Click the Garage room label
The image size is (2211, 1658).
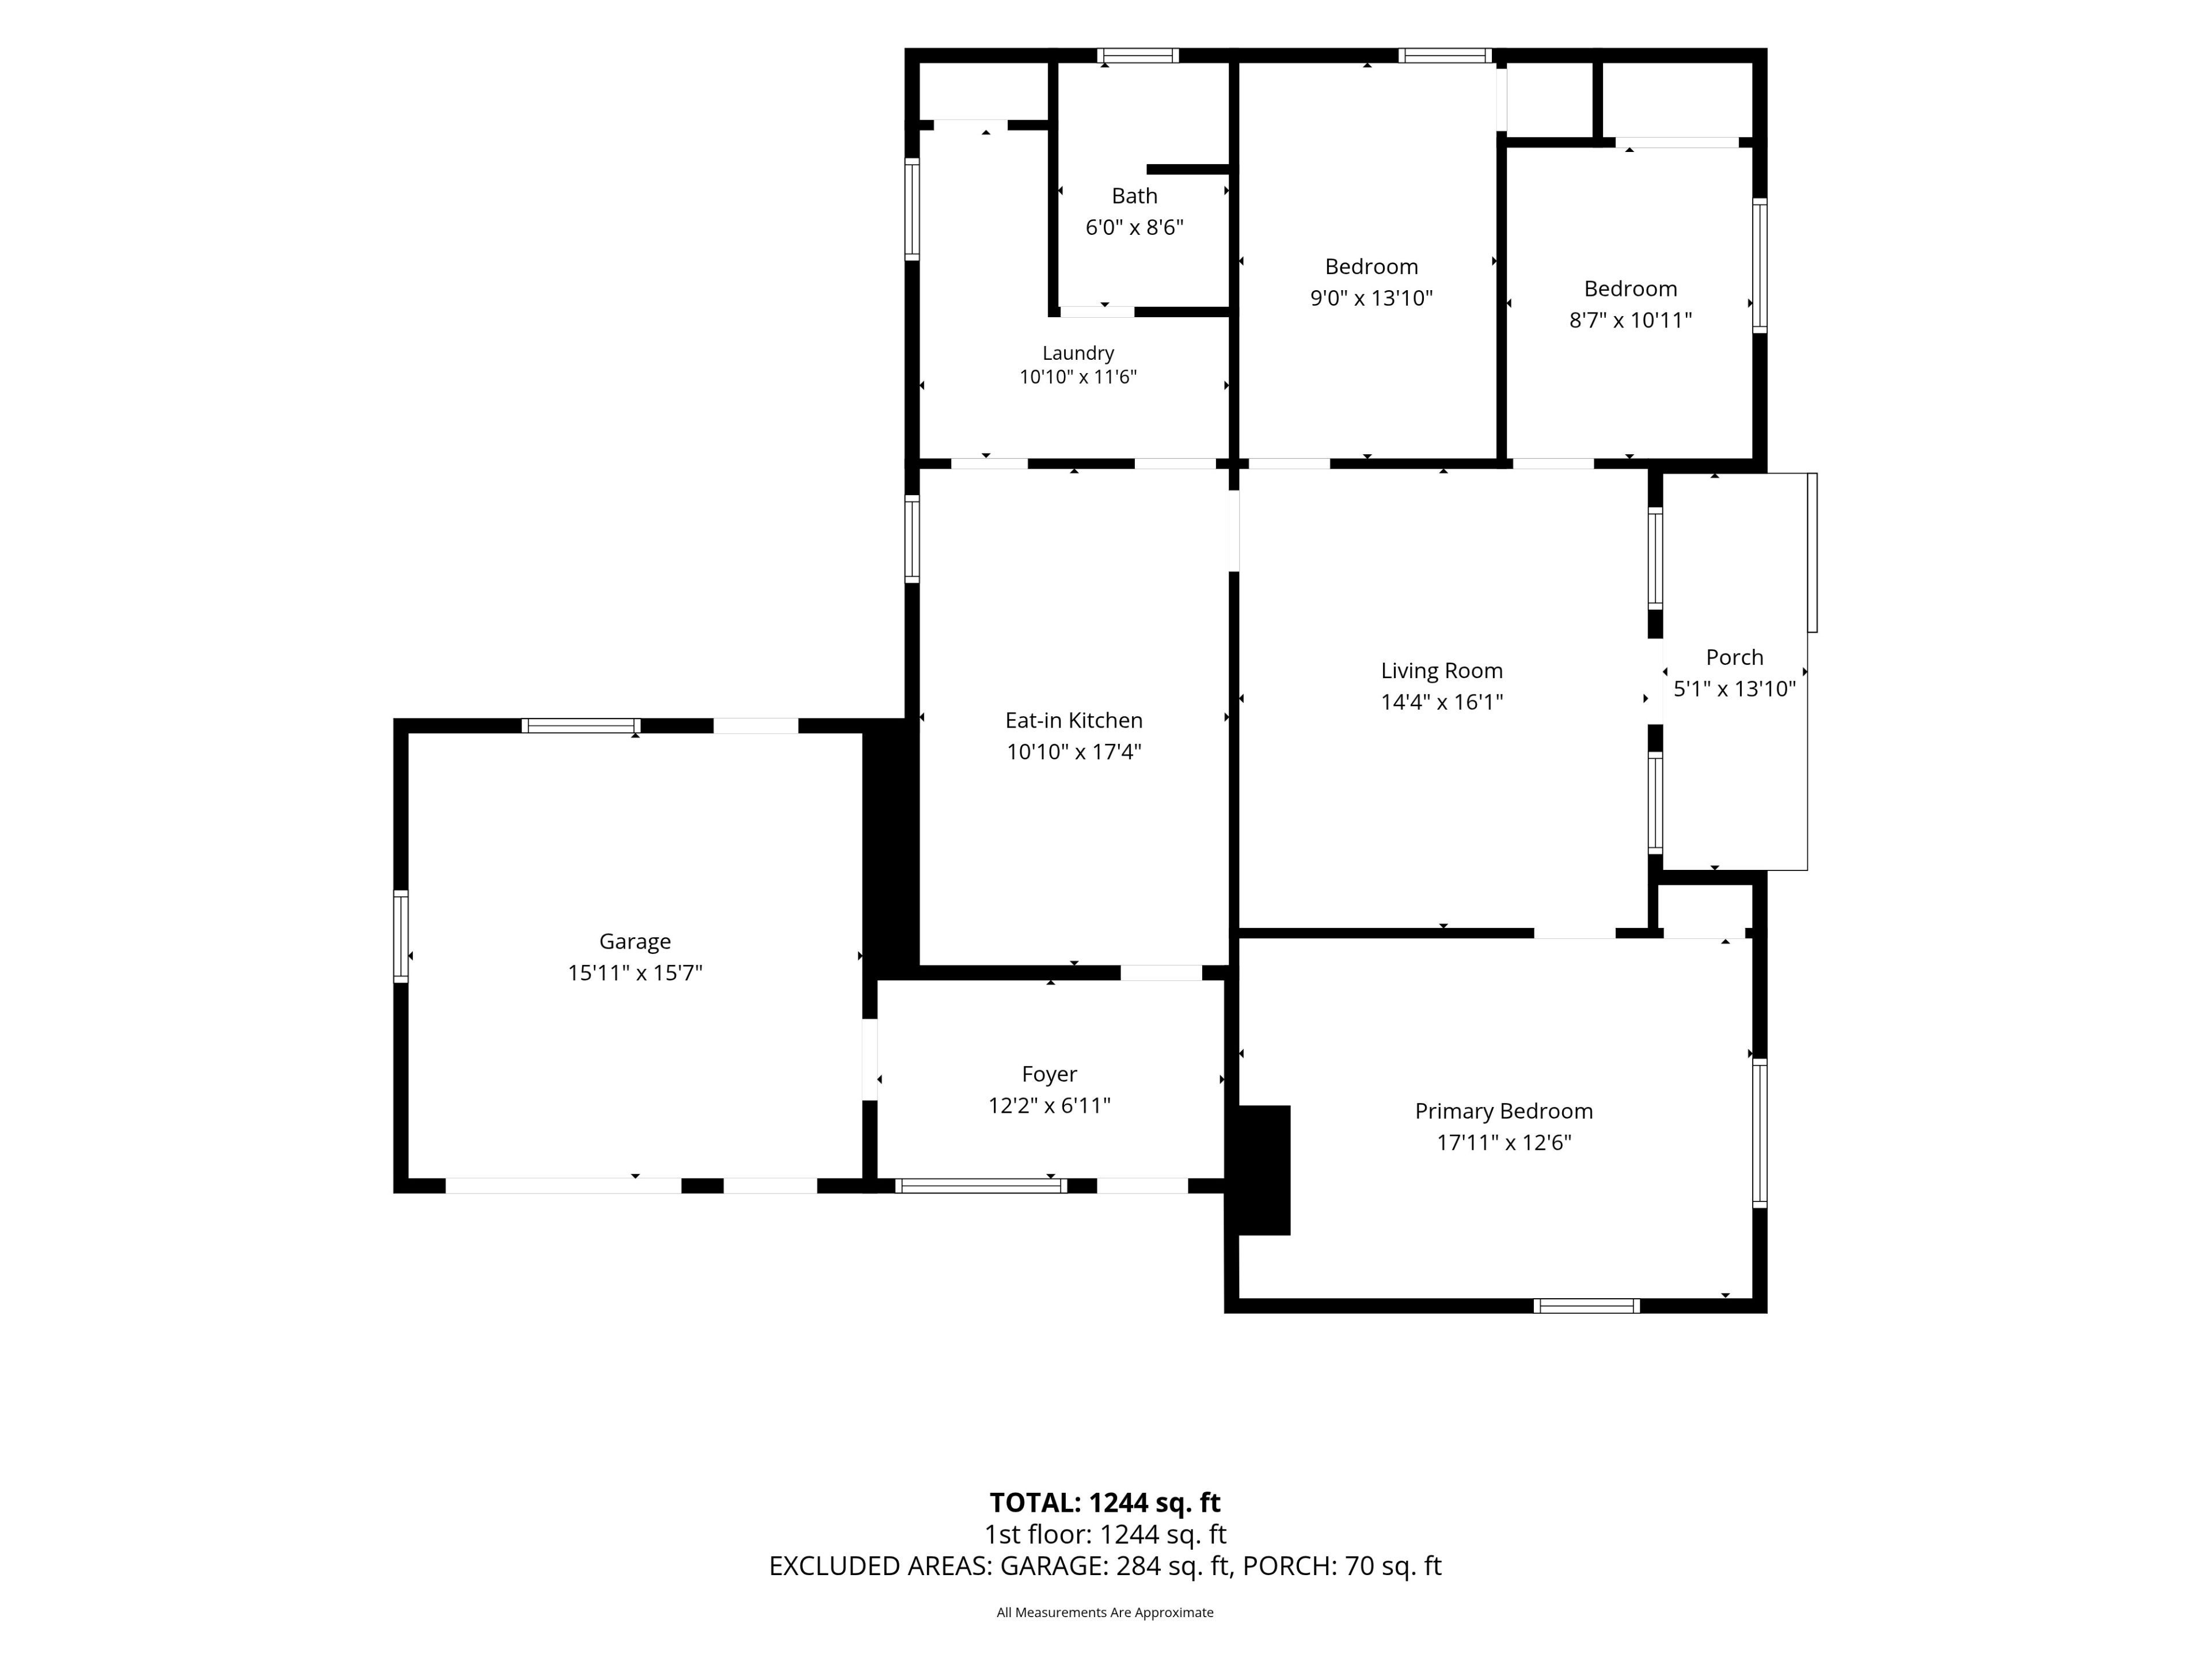(x=635, y=941)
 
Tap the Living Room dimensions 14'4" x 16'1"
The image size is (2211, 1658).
(x=1441, y=702)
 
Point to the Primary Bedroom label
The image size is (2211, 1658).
(x=1503, y=1111)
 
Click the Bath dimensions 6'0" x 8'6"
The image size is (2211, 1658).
(x=1134, y=227)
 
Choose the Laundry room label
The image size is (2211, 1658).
(x=1077, y=353)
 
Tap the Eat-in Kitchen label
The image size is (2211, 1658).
(x=1073, y=721)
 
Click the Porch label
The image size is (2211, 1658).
(x=1734, y=657)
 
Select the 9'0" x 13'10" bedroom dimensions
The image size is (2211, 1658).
(x=1372, y=298)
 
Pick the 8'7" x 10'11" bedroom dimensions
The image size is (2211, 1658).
(x=1630, y=320)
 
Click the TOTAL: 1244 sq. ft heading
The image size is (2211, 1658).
(x=1104, y=1503)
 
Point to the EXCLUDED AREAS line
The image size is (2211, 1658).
(x=1104, y=1566)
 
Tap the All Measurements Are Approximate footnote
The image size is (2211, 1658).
(x=1104, y=1612)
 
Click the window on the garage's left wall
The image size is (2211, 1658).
(x=401, y=937)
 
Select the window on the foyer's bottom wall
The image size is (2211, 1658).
(x=981, y=1187)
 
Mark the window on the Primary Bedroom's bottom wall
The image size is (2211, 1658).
(x=1586, y=1305)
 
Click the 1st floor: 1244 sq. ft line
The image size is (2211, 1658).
(x=1104, y=1534)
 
